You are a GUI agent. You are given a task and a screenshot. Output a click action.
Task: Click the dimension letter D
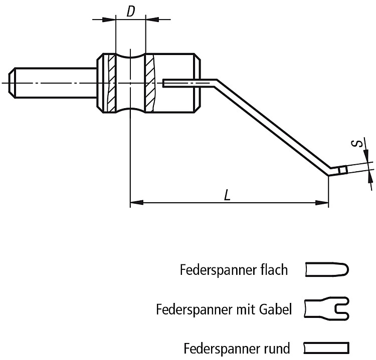[130, 11]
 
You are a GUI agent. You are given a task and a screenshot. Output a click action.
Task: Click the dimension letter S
[357, 144]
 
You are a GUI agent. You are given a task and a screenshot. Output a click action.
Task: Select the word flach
[274, 269]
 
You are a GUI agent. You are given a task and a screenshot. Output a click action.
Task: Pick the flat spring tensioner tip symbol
[327, 270]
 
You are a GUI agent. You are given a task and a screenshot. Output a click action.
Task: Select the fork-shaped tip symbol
[326, 309]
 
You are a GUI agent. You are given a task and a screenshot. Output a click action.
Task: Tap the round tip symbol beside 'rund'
[326, 348]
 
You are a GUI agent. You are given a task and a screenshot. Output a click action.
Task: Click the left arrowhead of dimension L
[137, 203]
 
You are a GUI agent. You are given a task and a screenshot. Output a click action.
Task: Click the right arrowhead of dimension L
[322, 203]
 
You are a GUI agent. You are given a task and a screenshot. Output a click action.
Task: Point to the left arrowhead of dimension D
[109, 20]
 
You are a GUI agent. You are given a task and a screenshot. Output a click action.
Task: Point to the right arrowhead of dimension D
[152, 20]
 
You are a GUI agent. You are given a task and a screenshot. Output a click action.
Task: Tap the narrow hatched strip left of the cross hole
[112, 83]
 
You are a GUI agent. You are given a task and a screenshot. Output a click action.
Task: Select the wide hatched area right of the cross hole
[150, 83]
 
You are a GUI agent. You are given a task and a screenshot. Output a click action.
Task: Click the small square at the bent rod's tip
[343, 170]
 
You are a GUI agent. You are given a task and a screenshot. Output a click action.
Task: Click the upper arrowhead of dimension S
[365, 154]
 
